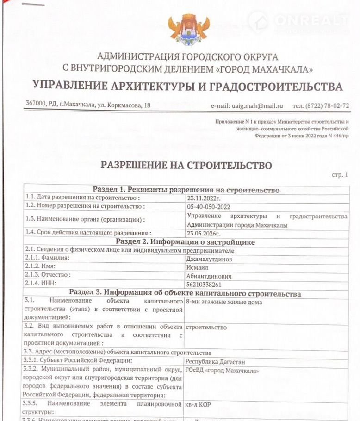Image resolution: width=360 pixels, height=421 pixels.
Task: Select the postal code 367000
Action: point(36,105)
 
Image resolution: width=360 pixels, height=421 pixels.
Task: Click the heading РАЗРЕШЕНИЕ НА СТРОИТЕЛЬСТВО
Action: point(186,165)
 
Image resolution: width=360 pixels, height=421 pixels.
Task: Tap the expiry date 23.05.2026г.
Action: point(204,234)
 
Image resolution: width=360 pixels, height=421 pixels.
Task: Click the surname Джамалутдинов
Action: point(209,259)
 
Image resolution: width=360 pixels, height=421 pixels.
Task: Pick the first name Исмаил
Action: point(197,267)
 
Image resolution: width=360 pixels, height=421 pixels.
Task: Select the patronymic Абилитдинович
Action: point(208,276)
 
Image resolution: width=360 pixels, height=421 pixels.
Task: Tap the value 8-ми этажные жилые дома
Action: point(223,302)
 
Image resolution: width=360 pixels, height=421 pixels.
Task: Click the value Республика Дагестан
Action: point(215,362)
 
